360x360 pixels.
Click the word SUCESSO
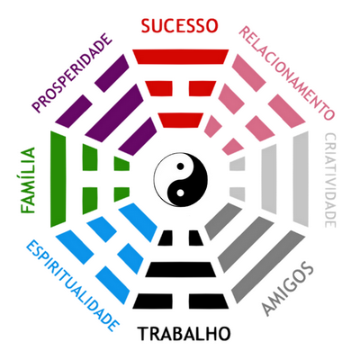[x=179, y=26]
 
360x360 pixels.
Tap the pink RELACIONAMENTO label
[x=286, y=73]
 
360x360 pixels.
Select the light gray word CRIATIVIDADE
[x=330, y=180]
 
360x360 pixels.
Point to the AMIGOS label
[x=287, y=288]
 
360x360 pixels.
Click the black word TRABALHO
[x=184, y=334]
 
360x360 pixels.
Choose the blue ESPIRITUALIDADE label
[x=73, y=285]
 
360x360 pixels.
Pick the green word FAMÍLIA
[x=28, y=180]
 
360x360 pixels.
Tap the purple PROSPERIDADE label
[x=72, y=73]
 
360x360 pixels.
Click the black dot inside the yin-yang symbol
[x=180, y=166]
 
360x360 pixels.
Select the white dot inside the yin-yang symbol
[x=180, y=193]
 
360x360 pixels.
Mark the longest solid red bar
[x=181, y=57]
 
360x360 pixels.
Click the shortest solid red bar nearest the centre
[x=181, y=121]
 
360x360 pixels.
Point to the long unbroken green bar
[x=58, y=179]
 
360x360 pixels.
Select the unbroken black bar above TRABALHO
[x=181, y=269]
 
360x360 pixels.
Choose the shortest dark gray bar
[x=223, y=221]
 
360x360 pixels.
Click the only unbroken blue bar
[x=138, y=222]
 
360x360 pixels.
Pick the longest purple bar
[x=114, y=113]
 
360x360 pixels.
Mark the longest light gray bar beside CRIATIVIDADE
[x=301, y=179]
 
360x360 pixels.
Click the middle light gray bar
[x=269, y=179]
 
